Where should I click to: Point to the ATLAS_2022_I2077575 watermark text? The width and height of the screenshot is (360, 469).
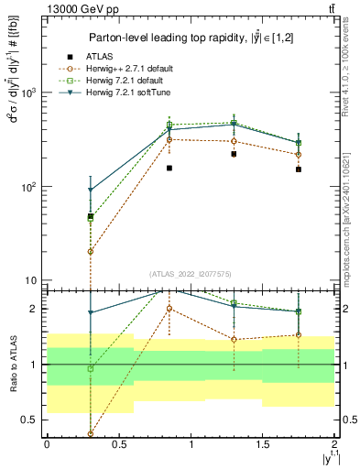coord(190,274)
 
